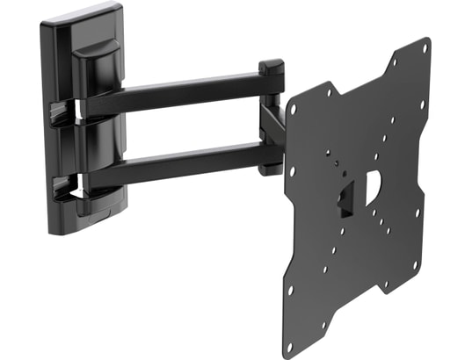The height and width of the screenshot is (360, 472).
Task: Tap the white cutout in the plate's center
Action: point(372,183)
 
